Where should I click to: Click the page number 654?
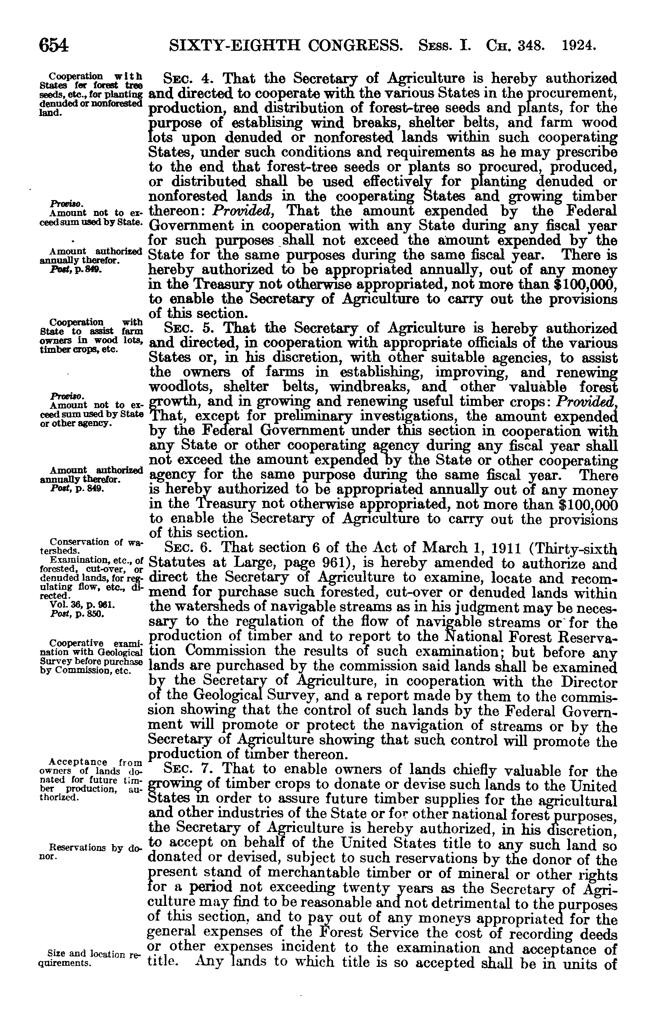coord(54,45)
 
